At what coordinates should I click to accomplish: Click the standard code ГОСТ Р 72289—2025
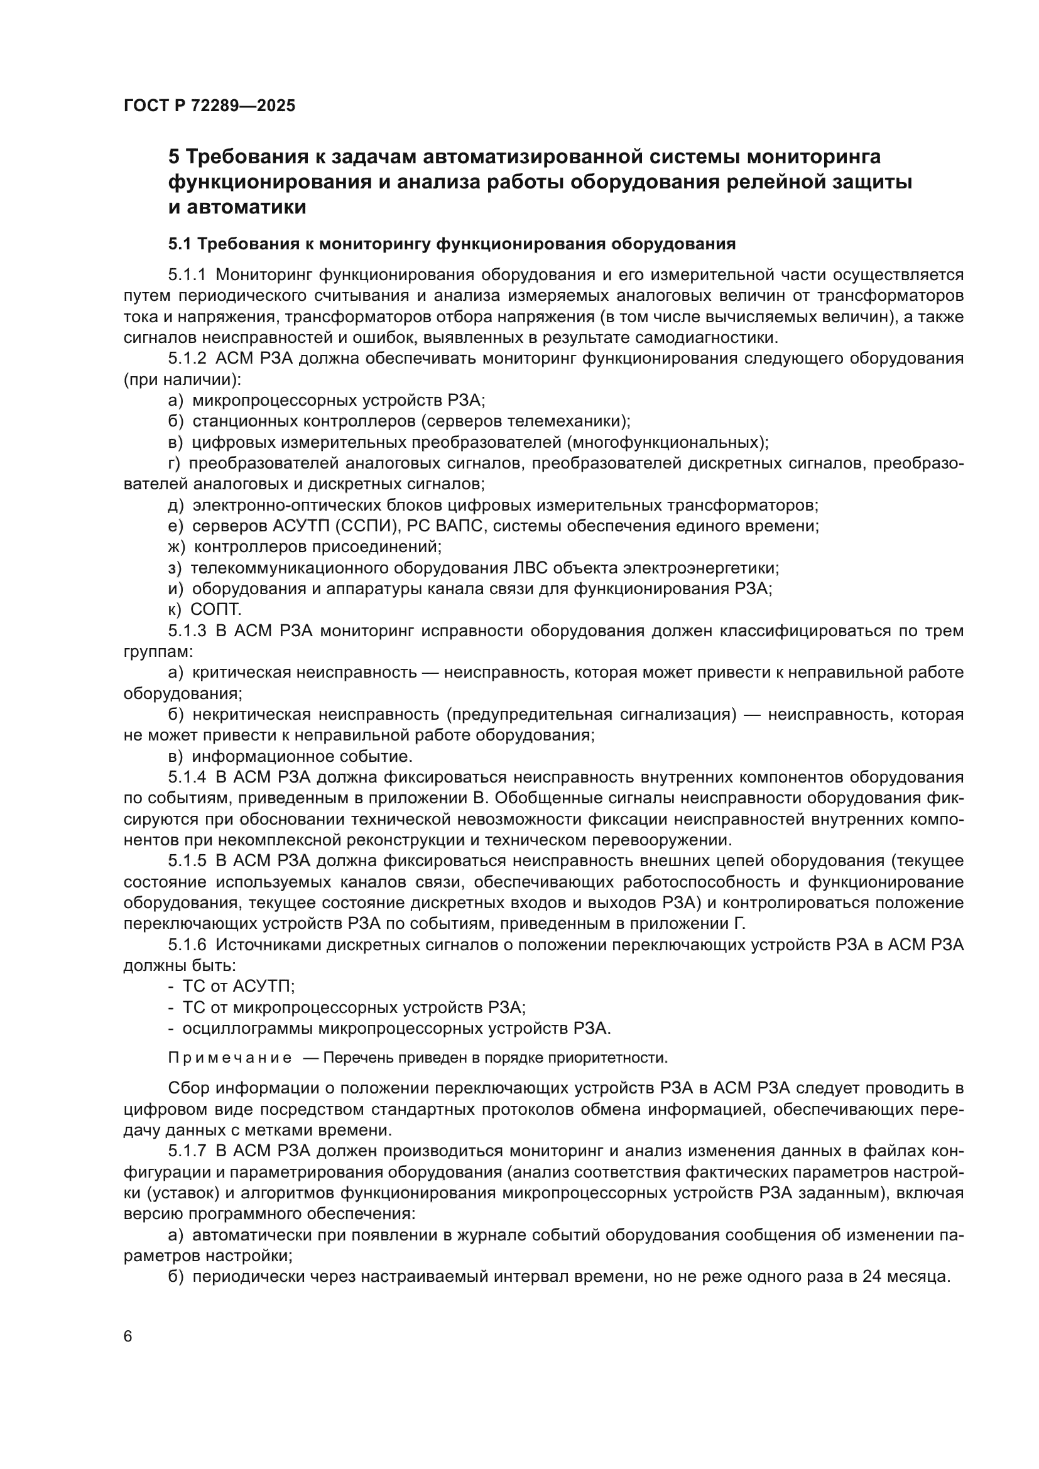[x=209, y=106]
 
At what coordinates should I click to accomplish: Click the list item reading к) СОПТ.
[x=205, y=610]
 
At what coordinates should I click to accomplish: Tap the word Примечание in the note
[x=230, y=1058]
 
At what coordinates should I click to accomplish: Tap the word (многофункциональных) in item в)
[x=667, y=443]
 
